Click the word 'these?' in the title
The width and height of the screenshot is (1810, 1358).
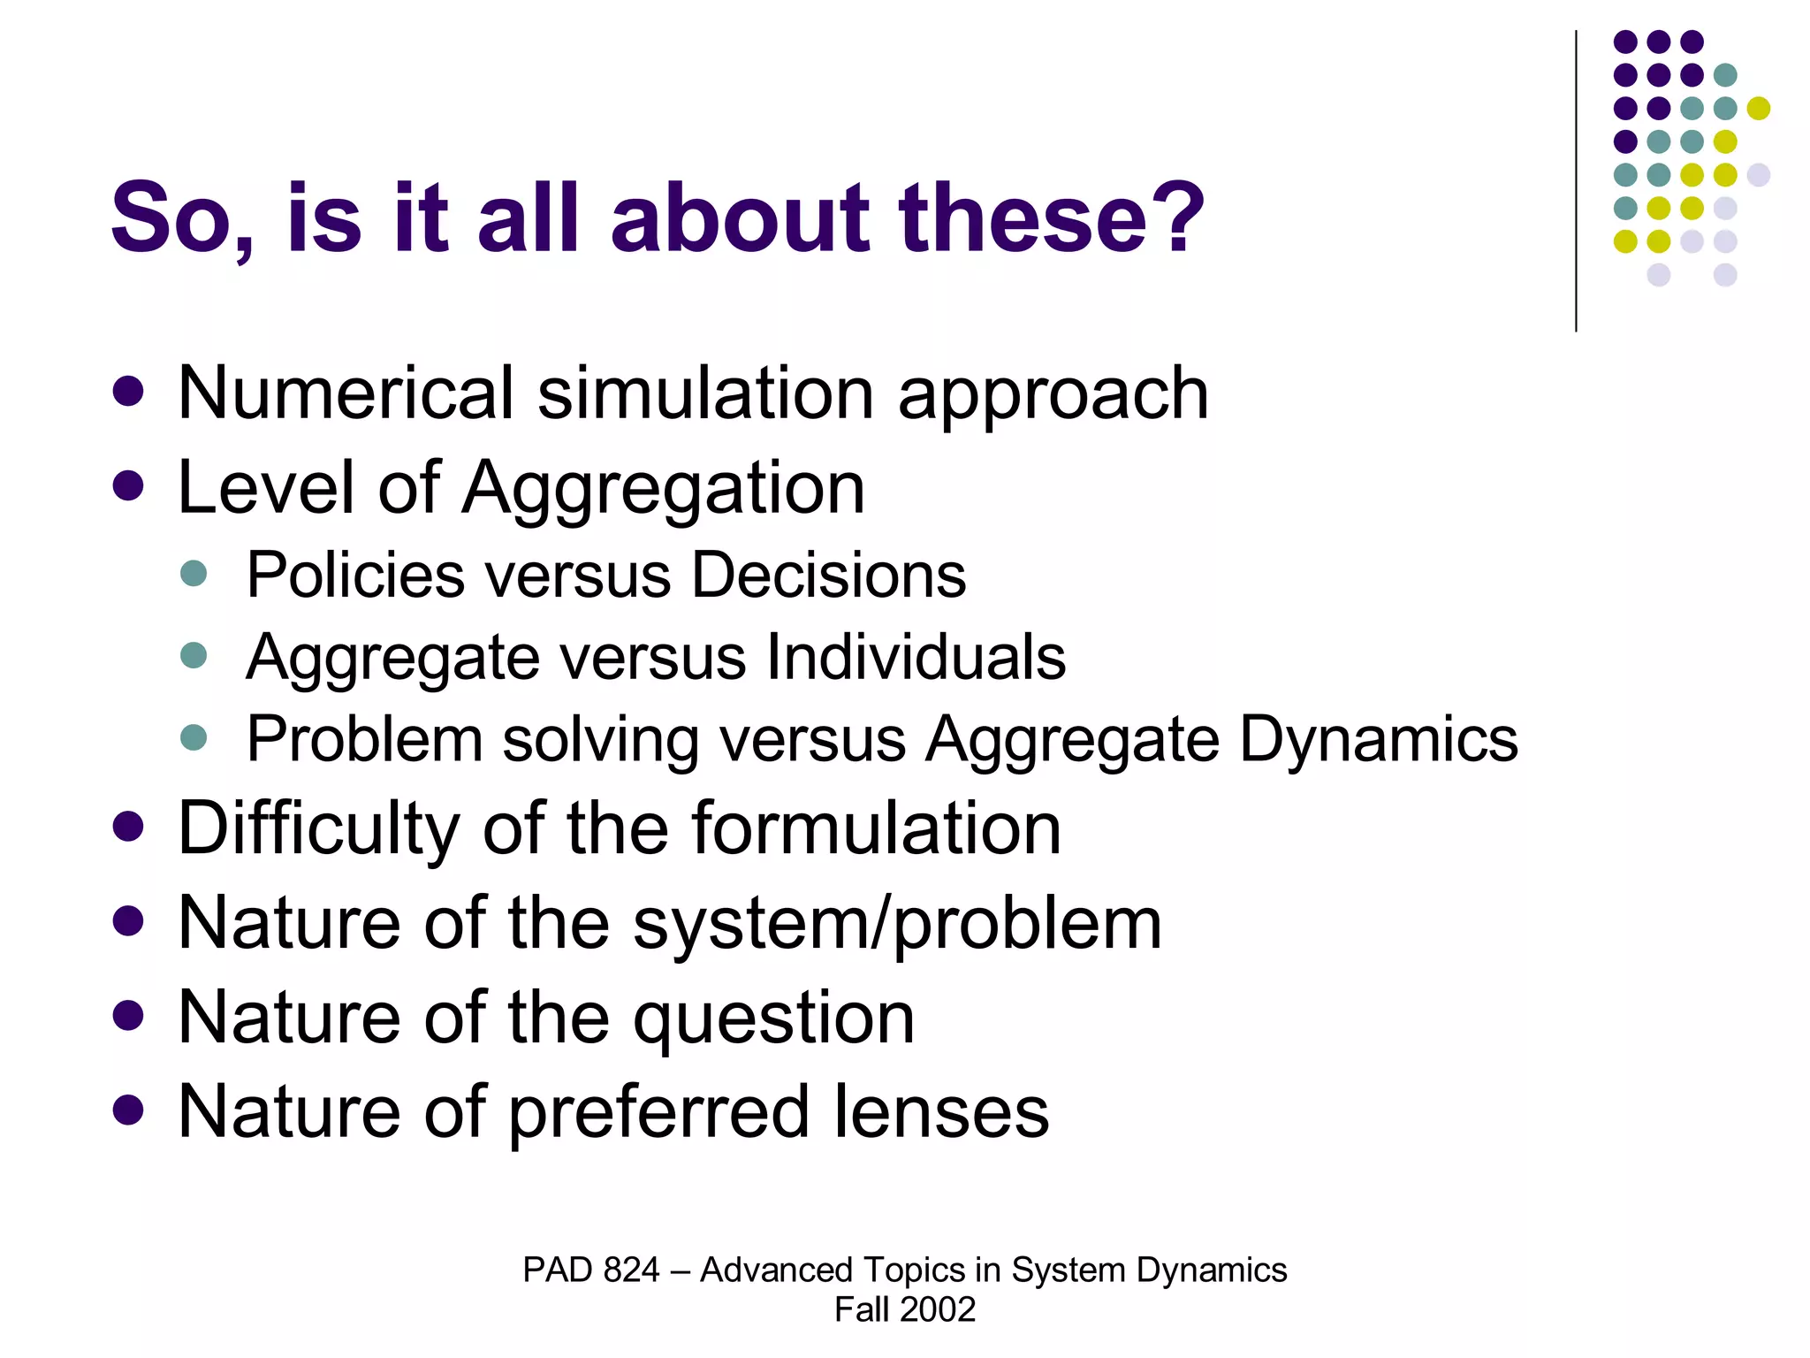tap(1051, 217)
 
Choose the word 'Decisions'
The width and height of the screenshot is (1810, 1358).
tap(828, 576)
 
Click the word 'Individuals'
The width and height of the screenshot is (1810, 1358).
tap(916, 658)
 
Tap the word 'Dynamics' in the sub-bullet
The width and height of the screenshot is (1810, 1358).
tap(1379, 739)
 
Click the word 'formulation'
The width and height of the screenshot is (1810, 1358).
tap(876, 829)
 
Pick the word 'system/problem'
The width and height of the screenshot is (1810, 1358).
tap(897, 925)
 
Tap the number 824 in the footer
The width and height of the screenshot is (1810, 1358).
tap(631, 1270)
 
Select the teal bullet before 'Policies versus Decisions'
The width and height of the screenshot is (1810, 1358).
tap(193, 574)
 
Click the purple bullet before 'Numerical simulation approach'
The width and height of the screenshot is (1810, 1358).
tap(129, 392)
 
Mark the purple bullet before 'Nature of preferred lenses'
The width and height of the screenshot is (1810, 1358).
tap(129, 1110)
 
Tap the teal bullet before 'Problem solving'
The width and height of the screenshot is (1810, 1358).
tap(193, 737)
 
